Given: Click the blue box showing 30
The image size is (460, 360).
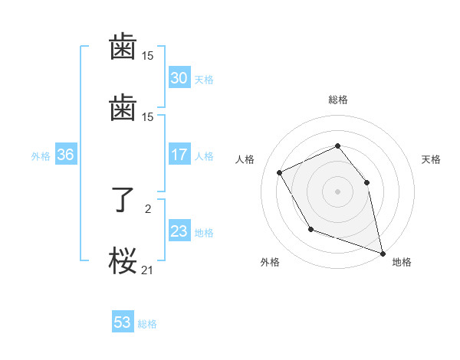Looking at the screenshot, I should click(179, 77).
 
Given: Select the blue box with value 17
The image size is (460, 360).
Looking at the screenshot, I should click(179, 155).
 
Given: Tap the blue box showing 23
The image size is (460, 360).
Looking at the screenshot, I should click(179, 231).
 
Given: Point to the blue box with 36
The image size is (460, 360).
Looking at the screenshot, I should click(65, 155).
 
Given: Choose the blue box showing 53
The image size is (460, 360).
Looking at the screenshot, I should click(122, 322).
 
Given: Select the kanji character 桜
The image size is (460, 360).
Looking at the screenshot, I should click(123, 261).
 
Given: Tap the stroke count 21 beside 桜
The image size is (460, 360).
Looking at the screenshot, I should click(147, 269).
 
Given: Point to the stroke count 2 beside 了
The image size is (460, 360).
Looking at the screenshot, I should click(147, 207).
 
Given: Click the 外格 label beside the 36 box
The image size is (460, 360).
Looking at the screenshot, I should click(41, 155).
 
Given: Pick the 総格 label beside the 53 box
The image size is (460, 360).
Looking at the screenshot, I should click(147, 324).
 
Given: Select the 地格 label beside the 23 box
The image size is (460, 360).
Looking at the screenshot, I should click(204, 232).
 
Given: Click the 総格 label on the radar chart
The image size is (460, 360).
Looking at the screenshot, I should click(337, 100).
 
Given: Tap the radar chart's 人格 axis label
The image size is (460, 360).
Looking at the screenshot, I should click(245, 159).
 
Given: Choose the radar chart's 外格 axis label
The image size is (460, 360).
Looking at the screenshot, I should click(270, 262).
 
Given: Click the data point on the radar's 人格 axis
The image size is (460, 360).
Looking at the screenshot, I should click(280, 172).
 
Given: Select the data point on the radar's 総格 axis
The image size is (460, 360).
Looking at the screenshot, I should click(337, 146).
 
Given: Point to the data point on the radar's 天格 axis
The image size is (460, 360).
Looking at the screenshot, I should click(366, 182).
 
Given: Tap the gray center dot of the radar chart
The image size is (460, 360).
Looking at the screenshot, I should click(337, 191).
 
